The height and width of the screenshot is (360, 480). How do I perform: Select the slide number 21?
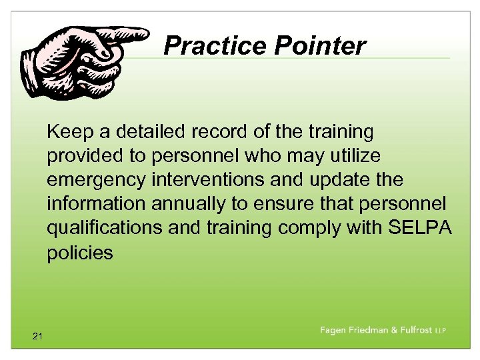(37, 337)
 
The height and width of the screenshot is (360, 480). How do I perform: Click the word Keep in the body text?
(67, 132)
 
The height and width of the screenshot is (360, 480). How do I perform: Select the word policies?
(80, 253)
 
